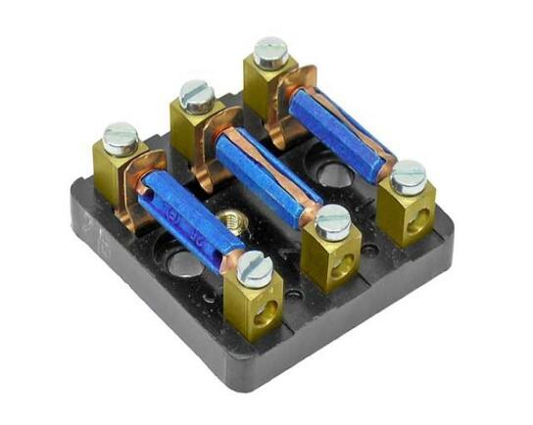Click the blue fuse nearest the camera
(x=186, y=215)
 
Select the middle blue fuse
(x=263, y=174)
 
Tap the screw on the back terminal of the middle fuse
(x=197, y=93)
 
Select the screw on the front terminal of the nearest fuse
(x=254, y=265)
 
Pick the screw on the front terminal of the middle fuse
(x=332, y=221)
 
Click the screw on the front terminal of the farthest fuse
(x=408, y=176)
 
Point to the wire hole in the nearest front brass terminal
(x=264, y=316)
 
